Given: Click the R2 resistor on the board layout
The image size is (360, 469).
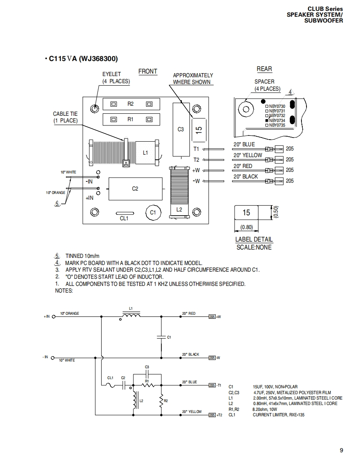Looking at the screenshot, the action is (131, 104).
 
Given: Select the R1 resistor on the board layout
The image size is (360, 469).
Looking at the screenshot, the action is (131, 120).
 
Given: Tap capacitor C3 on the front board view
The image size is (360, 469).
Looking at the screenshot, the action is (181, 130).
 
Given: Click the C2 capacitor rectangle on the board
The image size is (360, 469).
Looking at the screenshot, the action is (135, 189).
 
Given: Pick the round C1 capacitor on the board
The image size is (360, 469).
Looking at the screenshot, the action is (153, 213).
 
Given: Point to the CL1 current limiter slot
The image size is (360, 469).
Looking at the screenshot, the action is (125, 213).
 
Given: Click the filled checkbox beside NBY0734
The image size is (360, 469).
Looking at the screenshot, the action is (267, 120).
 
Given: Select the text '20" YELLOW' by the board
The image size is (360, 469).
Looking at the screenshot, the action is (248, 155).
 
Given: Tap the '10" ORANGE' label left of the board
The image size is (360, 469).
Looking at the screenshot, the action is (56, 193).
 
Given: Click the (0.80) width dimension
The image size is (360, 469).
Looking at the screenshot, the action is (247, 227).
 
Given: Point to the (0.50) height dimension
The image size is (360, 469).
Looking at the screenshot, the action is (276, 212).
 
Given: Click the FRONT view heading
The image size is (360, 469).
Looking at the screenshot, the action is (148, 71).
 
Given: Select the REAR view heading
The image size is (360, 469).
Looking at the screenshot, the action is (264, 69).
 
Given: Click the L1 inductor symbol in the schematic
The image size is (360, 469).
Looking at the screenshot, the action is (131, 315).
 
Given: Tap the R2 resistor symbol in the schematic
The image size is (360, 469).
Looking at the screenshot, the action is (161, 400).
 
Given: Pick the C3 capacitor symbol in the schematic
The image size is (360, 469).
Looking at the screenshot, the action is (147, 373).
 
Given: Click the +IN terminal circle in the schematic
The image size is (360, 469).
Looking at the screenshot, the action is (54, 317).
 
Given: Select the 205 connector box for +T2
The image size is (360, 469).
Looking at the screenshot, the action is (212, 415).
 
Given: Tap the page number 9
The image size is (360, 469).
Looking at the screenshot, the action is (342, 450).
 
